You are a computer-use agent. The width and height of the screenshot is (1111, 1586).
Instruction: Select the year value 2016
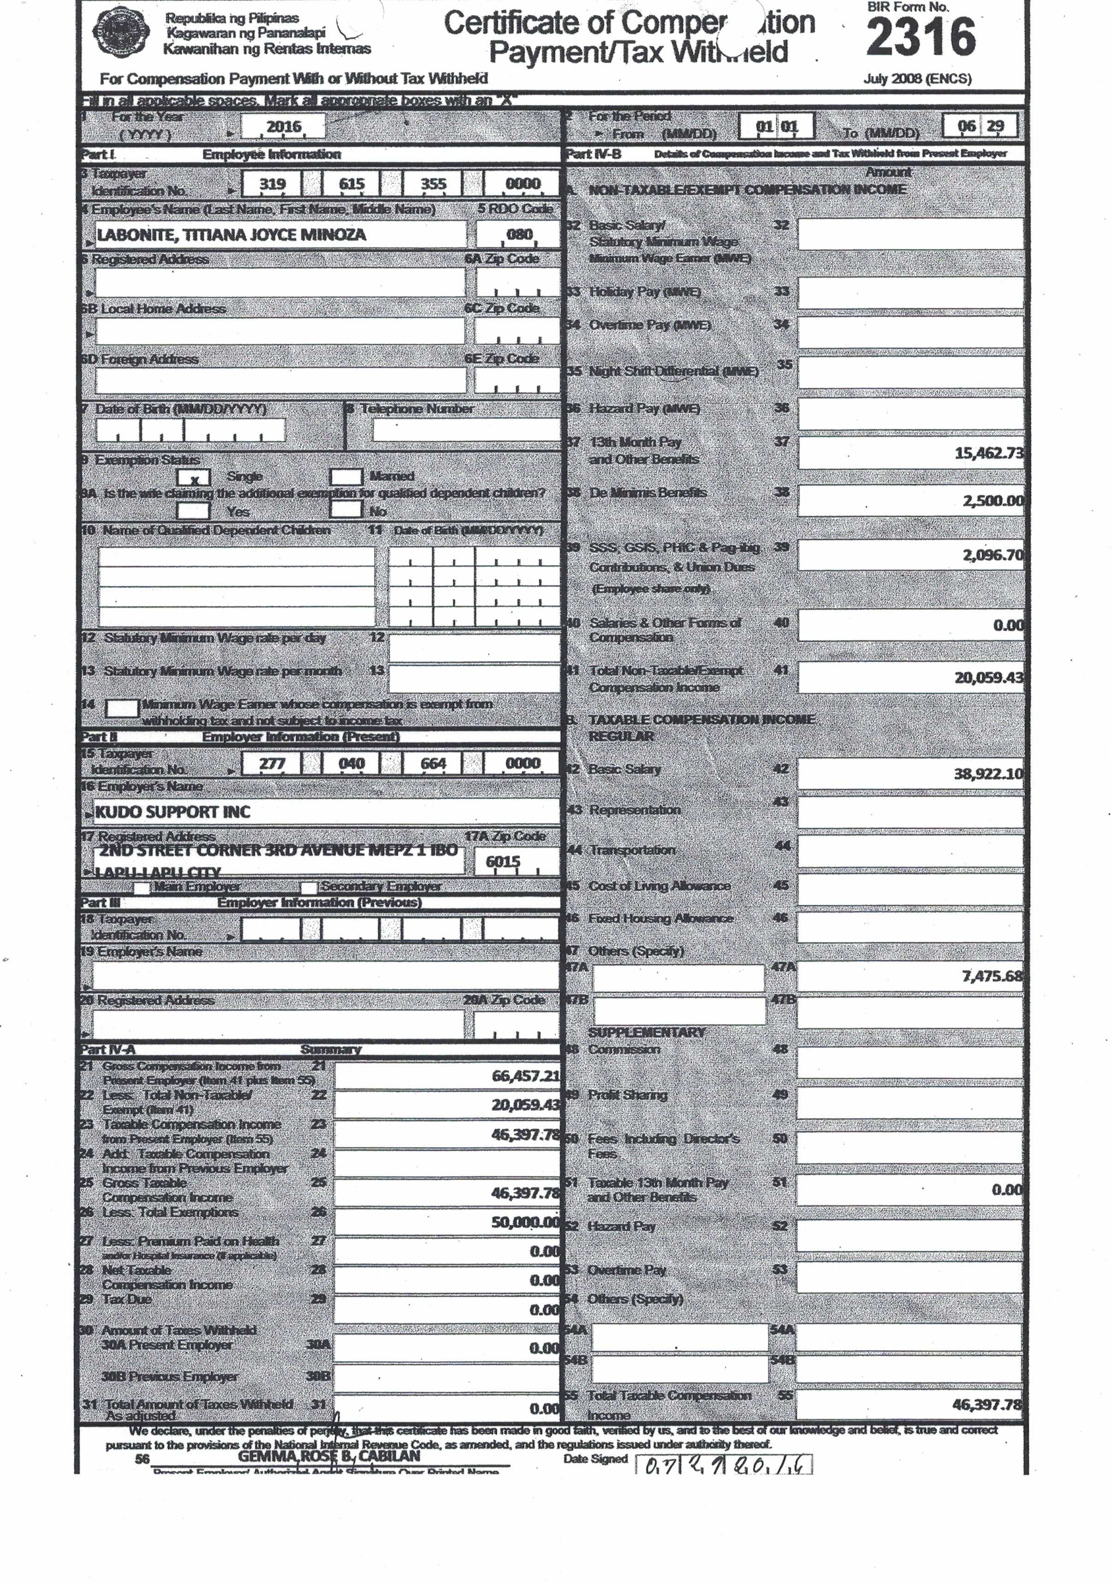(284, 126)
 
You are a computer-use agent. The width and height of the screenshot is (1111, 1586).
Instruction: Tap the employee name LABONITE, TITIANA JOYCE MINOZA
(232, 235)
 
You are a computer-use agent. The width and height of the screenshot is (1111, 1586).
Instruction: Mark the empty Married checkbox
(346, 477)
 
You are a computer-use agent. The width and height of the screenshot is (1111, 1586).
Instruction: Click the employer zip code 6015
(503, 862)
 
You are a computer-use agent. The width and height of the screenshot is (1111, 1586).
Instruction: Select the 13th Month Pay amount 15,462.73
(988, 454)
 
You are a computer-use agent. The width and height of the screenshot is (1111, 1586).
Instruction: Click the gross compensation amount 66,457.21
(525, 1076)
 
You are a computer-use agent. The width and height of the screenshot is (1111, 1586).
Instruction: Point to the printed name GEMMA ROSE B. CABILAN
(329, 1456)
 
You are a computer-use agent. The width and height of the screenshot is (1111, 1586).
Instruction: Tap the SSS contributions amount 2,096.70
(992, 555)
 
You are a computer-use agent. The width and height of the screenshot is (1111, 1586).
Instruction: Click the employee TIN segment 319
(272, 184)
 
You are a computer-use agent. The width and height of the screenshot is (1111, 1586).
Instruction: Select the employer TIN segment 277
(272, 763)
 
